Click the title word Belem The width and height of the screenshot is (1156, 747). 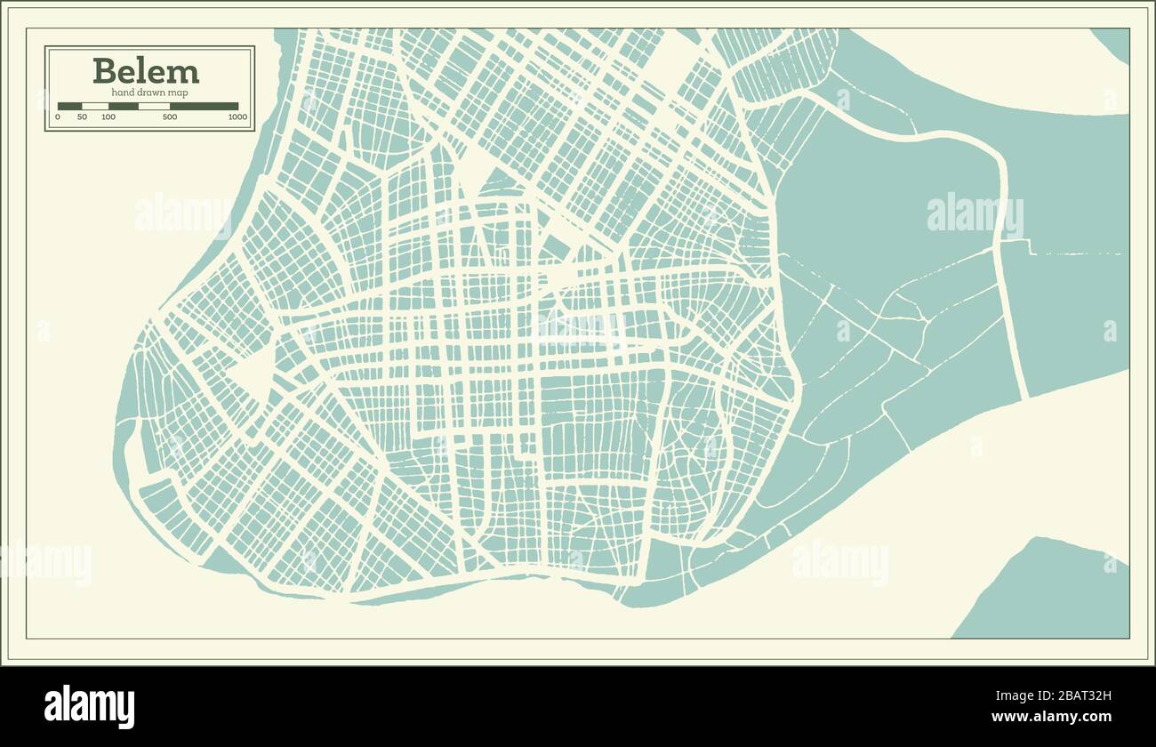click(146, 70)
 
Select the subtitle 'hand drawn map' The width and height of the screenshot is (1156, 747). click(149, 92)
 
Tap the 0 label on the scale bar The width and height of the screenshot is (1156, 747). click(59, 117)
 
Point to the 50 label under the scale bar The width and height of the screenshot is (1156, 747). click(82, 117)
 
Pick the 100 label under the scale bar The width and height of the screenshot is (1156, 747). click(108, 117)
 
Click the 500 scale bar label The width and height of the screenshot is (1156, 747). click(170, 117)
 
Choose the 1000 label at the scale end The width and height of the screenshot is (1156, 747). click(237, 117)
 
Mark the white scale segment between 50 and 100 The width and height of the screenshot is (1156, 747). click(95, 106)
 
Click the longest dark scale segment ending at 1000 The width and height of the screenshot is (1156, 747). click(204, 106)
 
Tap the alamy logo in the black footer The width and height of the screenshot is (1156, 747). click(89, 707)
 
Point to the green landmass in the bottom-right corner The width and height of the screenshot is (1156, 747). click(1049, 596)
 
